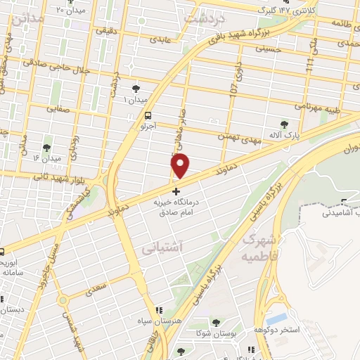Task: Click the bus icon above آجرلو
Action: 147,116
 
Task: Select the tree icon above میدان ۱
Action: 136,89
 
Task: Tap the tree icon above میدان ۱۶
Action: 46,148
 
